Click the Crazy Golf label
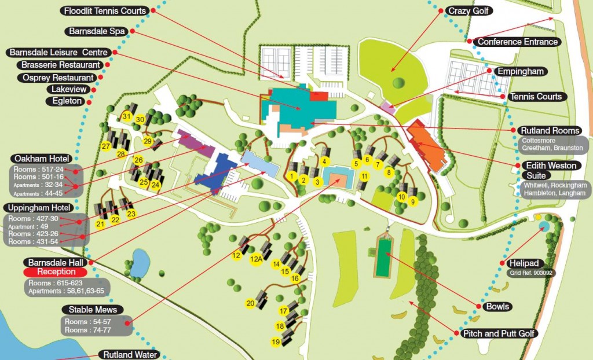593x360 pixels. [468, 10]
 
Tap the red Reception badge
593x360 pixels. [56, 271]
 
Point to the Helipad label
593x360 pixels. [521, 263]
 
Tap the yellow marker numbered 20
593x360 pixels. [251, 303]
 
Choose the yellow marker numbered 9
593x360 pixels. [413, 202]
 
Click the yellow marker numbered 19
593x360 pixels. [276, 342]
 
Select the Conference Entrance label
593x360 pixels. [517, 42]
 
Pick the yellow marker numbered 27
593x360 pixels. [106, 146]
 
